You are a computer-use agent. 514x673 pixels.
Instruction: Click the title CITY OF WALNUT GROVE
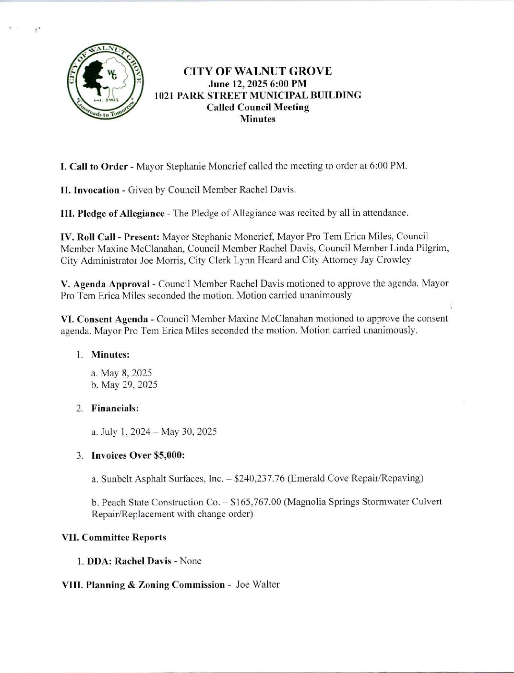(258, 71)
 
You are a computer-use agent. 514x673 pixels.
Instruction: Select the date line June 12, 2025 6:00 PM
(258, 83)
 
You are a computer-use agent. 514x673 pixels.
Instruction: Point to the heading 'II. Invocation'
(90, 190)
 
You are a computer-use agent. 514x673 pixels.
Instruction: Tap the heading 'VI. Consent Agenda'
(105, 319)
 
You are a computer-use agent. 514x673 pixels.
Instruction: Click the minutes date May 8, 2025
(121, 373)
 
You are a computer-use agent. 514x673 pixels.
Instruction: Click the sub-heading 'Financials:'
(115, 408)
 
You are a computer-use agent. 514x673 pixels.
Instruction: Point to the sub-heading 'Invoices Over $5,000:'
(138, 455)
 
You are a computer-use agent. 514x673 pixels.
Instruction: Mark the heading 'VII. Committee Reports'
(114, 537)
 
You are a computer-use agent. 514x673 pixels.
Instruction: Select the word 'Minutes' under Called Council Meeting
(258, 119)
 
